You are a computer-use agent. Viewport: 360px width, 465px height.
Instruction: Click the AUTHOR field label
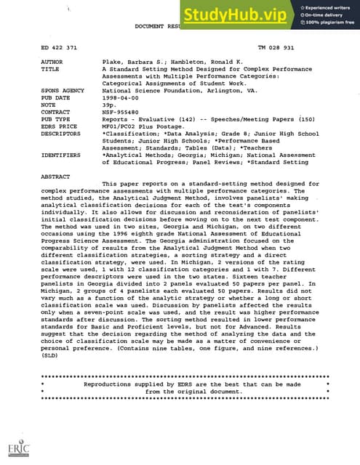[54, 63]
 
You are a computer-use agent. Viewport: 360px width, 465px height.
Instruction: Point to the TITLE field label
[52, 70]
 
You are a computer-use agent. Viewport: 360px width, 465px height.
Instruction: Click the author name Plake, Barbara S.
[135, 63]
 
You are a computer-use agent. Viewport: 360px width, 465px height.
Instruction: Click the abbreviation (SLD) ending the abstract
[51, 357]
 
